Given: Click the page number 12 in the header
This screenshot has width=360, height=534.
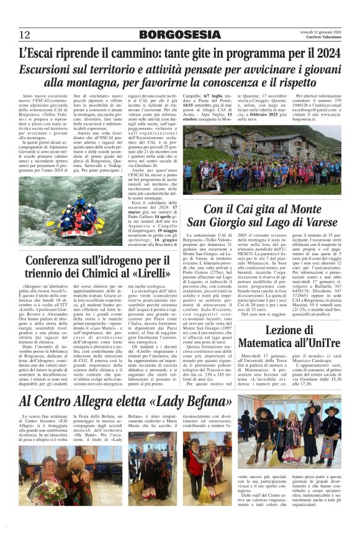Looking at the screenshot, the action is (25, 34).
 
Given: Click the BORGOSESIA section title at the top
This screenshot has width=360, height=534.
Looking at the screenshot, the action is (180, 34).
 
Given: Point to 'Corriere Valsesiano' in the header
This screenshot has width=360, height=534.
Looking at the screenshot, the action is (320, 37).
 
